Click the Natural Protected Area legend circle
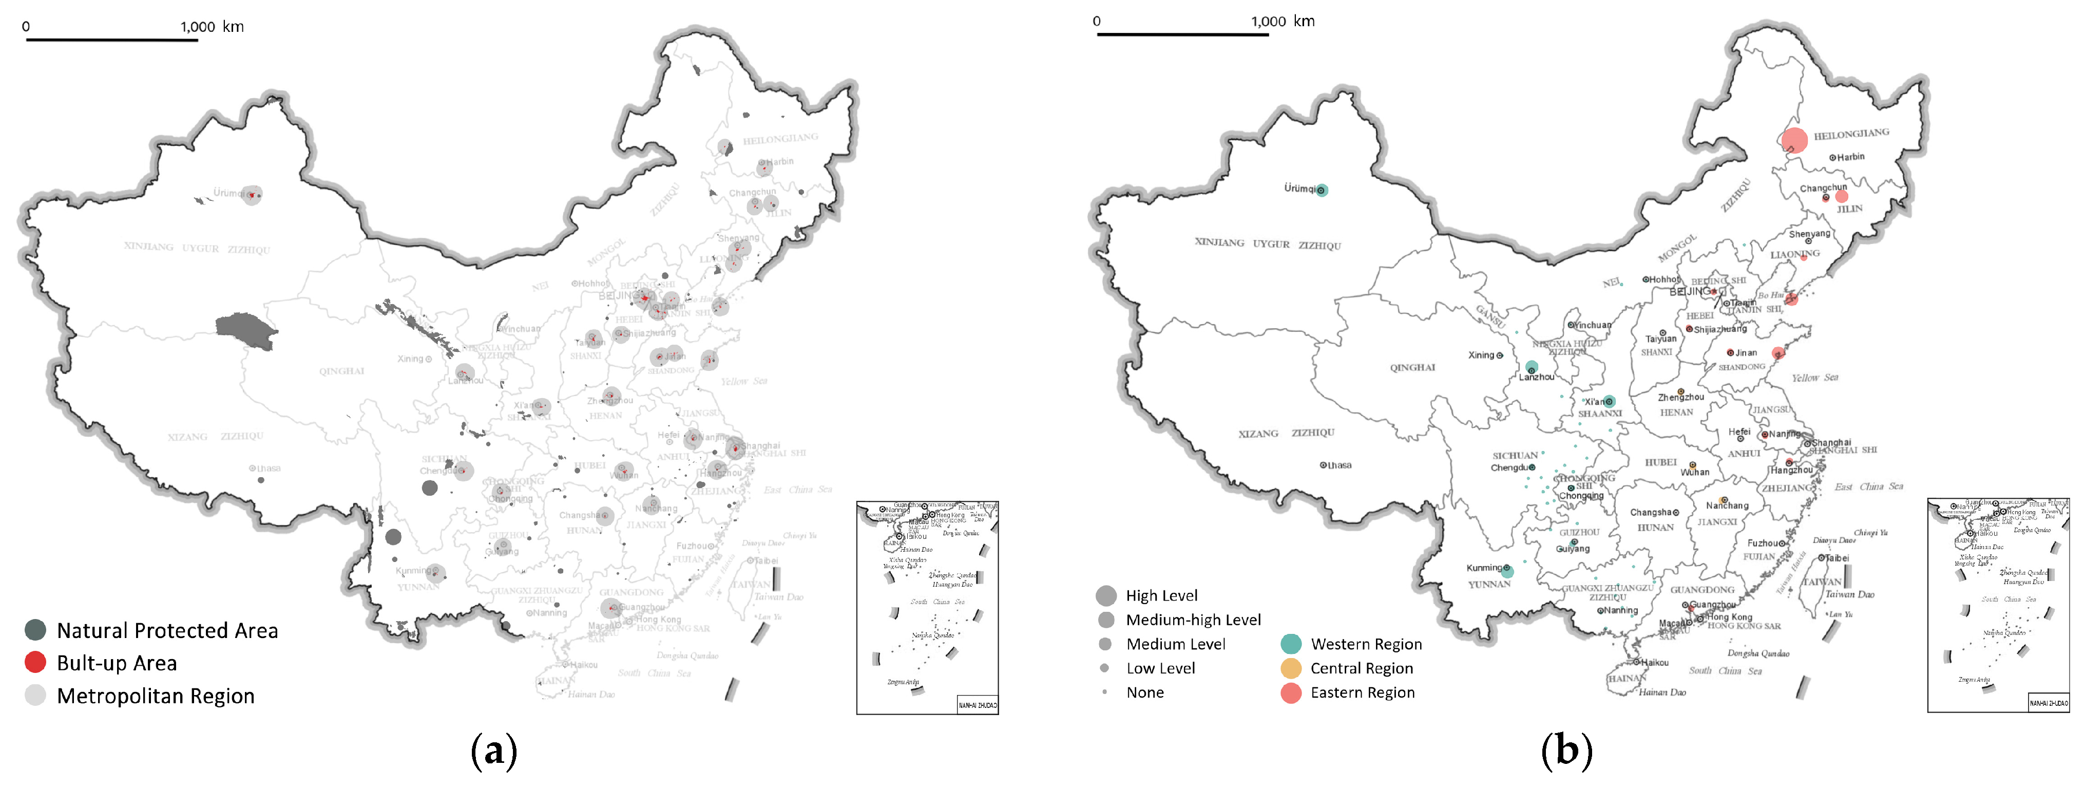pyautogui.click(x=35, y=630)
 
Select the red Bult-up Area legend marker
pyautogui.click(x=35, y=662)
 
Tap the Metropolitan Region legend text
pyautogui.click(x=156, y=696)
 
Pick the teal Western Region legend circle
pyautogui.click(x=1291, y=644)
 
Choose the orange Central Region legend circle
pyautogui.click(x=1291, y=668)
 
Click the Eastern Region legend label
pyautogui.click(x=1362, y=692)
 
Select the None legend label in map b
pyautogui.click(x=1144, y=692)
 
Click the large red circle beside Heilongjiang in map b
pyautogui.click(x=1793, y=140)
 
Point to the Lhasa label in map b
pyautogui.click(x=1338, y=465)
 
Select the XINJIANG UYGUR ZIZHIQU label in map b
pyautogui.click(x=1268, y=243)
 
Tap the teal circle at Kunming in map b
pyautogui.click(x=1507, y=572)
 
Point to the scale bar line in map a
pyautogui.click(x=112, y=40)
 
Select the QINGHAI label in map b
pyautogui.click(x=1412, y=368)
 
